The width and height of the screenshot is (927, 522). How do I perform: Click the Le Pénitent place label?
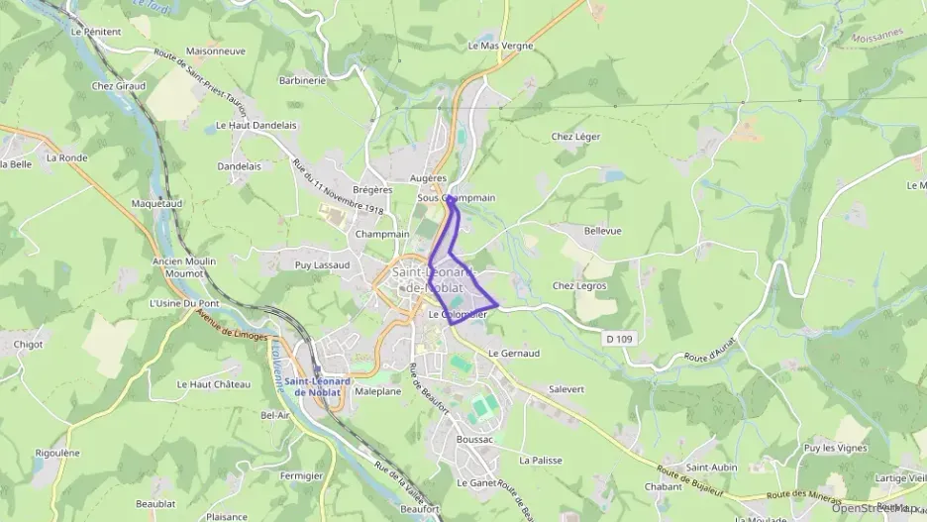[x=96, y=32]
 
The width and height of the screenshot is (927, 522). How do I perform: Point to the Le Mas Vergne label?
[x=500, y=46]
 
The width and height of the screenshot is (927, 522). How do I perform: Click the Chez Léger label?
[x=575, y=137]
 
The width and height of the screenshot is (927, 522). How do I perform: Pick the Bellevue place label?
[x=602, y=230]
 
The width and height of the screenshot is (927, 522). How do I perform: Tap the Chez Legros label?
[x=579, y=285]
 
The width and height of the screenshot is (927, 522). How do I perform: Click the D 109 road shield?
[x=617, y=339]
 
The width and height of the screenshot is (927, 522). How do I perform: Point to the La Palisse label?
[x=540, y=461]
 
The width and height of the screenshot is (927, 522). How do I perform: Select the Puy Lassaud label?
[x=323, y=265]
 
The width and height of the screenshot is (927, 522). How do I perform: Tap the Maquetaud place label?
[x=154, y=203]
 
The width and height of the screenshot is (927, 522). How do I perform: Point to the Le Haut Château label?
[x=214, y=383]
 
